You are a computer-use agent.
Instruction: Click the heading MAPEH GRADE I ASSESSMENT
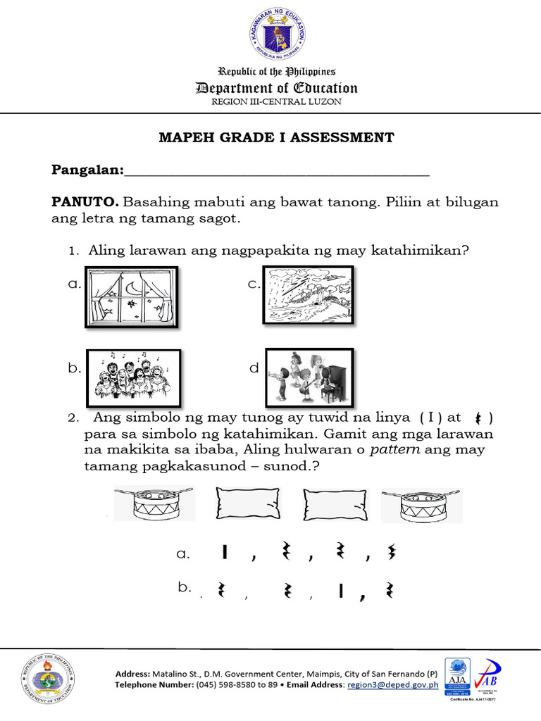[x=276, y=137]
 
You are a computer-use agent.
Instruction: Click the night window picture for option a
[x=131, y=296]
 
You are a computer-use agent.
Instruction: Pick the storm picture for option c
[x=308, y=294]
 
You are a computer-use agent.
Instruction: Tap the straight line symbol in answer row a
[x=224, y=553]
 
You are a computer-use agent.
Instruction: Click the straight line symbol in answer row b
[x=340, y=591]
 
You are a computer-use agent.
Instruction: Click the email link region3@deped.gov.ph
[x=393, y=684]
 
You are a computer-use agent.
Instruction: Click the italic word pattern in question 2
[x=394, y=450]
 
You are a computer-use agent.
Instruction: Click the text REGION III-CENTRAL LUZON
[x=276, y=102]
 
